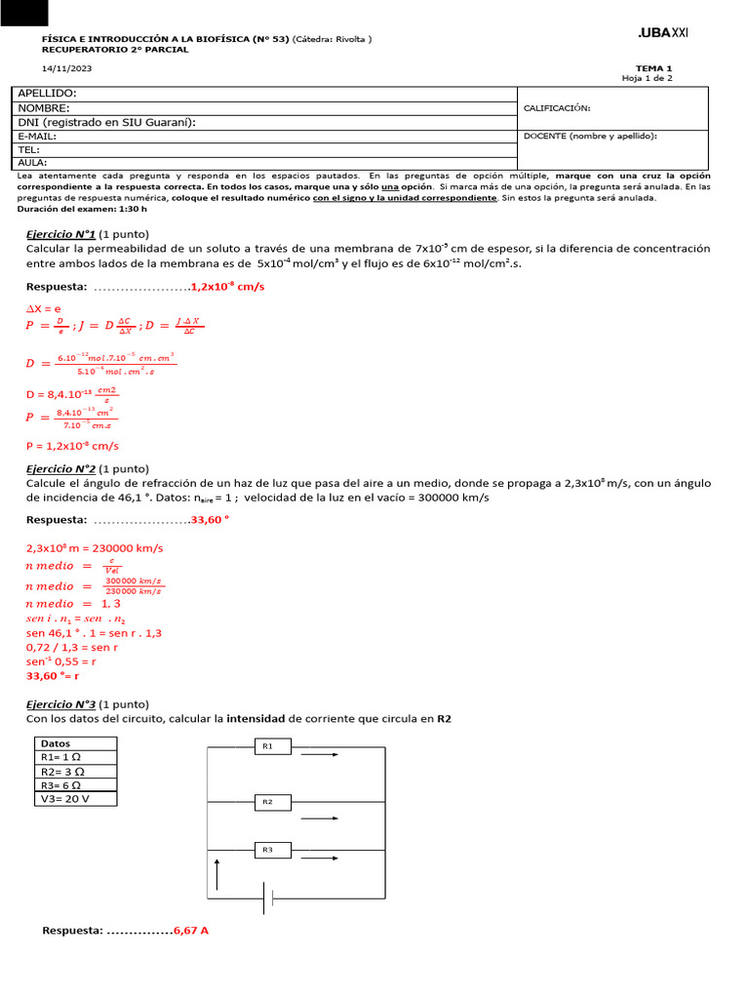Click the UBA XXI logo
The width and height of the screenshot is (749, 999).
[662, 33]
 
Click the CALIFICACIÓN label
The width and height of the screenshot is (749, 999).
[557, 108]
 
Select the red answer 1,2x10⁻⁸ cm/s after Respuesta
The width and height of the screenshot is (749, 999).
[227, 287]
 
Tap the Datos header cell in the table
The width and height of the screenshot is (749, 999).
[56, 743]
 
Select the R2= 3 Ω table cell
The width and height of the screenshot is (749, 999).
[60, 771]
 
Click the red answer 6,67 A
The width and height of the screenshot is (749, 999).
[191, 931]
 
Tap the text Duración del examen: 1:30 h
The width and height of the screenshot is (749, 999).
[83, 209]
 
